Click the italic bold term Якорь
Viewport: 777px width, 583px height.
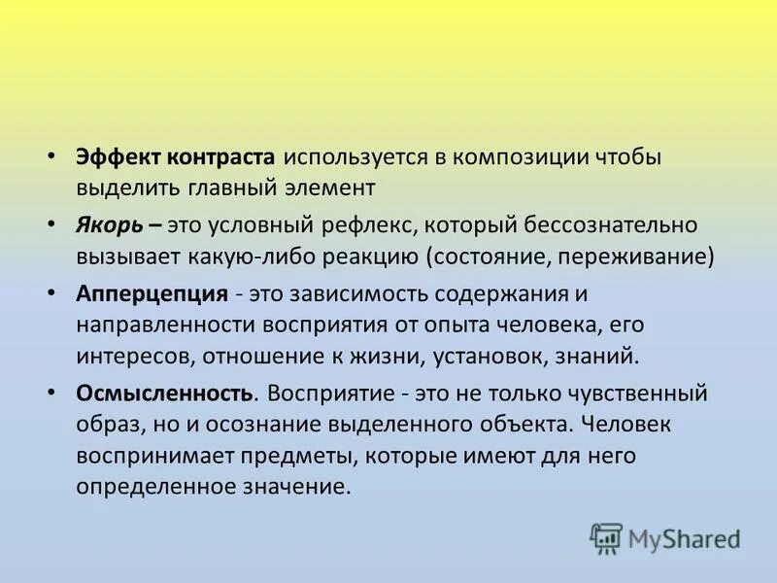click(110, 225)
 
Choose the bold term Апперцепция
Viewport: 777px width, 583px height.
click(152, 294)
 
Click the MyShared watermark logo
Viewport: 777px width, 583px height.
click(666, 537)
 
